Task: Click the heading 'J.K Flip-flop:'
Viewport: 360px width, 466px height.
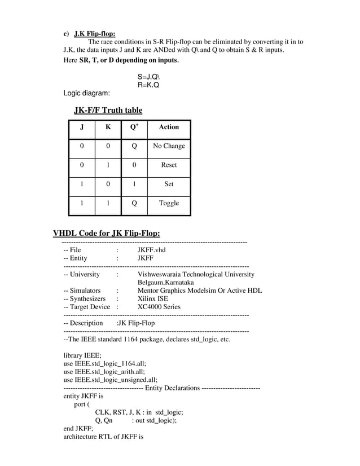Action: pos(94,33)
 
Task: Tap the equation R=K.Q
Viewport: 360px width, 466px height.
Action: pos(148,85)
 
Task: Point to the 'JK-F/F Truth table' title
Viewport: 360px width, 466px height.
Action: pos(108,110)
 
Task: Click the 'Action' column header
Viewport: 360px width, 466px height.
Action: pos(169,128)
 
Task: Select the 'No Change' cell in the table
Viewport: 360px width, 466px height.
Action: pos(169,146)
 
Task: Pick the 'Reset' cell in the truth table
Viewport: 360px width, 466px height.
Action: pos(169,165)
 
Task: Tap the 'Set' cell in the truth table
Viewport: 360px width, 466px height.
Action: pos(169,184)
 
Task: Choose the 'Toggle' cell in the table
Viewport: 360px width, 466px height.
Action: pos(169,203)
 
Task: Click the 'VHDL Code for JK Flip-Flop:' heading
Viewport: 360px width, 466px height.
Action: pos(106,234)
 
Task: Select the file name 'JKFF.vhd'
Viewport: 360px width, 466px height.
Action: pos(151,249)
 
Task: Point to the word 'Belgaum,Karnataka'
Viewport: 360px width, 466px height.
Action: pos(165,282)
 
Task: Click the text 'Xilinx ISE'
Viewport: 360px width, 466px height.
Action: pos(152,298)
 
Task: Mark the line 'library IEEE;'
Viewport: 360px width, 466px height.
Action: pos(82,355)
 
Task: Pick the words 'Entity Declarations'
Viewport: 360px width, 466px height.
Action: pos(172,388)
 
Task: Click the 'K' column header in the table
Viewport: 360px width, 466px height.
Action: pos(108,128)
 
